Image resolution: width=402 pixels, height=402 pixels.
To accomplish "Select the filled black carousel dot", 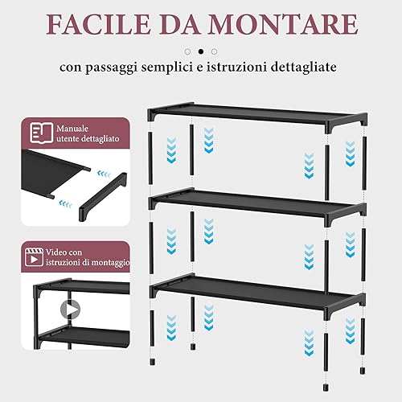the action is (201, 51).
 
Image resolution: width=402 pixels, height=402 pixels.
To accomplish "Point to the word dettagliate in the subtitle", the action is (303, 67).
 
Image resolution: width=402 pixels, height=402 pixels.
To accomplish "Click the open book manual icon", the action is (42, 133).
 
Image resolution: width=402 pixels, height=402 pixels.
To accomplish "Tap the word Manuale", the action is (72, 129).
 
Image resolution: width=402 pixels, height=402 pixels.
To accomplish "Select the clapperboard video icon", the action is (34, 257).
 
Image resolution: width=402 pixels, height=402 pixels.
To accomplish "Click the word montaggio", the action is (110, 263).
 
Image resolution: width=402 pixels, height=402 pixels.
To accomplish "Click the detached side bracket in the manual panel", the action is (103, 197).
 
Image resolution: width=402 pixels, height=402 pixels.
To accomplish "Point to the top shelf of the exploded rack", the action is (257, 116).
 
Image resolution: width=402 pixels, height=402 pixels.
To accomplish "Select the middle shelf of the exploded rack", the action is (257, 206).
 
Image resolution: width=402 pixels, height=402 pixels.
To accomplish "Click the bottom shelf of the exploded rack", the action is (258, 294).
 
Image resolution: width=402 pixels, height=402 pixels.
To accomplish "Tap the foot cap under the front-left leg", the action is (153, 362).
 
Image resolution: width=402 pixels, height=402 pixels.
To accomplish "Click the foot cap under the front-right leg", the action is (326, 388).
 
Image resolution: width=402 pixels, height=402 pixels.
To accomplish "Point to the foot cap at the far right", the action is (363, 371).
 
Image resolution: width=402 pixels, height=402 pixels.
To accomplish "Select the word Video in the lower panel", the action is (56, 252).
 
